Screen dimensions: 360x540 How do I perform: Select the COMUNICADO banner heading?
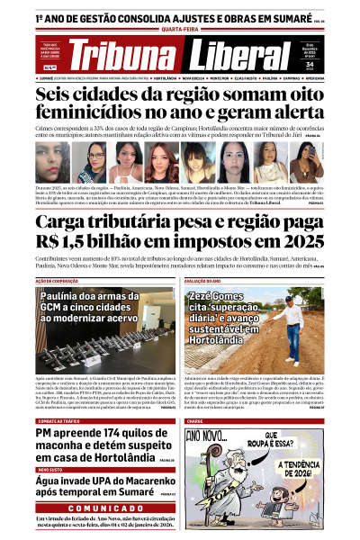[94, 508]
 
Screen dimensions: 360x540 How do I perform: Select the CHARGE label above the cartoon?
[195, 420]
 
